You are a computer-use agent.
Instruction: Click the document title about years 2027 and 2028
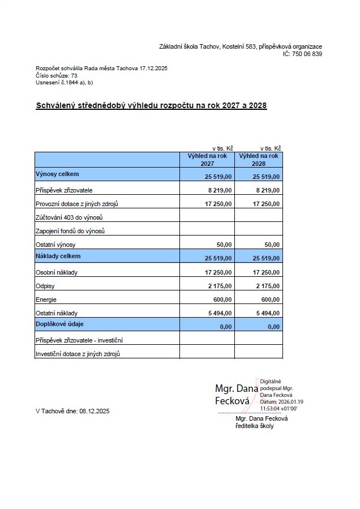coord(151,105)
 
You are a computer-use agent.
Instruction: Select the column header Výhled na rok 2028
coord(259,159)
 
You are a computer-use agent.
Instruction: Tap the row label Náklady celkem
coord(58,256)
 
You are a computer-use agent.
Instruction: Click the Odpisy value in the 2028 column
coord(268,286)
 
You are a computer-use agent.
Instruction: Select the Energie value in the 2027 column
coord(222,300)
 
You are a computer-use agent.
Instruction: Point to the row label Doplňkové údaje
coord(61,324)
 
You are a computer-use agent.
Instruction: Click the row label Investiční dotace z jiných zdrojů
coord(79,354)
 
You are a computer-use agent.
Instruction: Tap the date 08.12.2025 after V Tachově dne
coord(95,412)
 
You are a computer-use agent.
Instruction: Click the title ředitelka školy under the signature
coord(254,426)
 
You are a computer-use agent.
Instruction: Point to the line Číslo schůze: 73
coord(57,75)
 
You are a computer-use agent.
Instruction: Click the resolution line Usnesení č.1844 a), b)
coord(64,82)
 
